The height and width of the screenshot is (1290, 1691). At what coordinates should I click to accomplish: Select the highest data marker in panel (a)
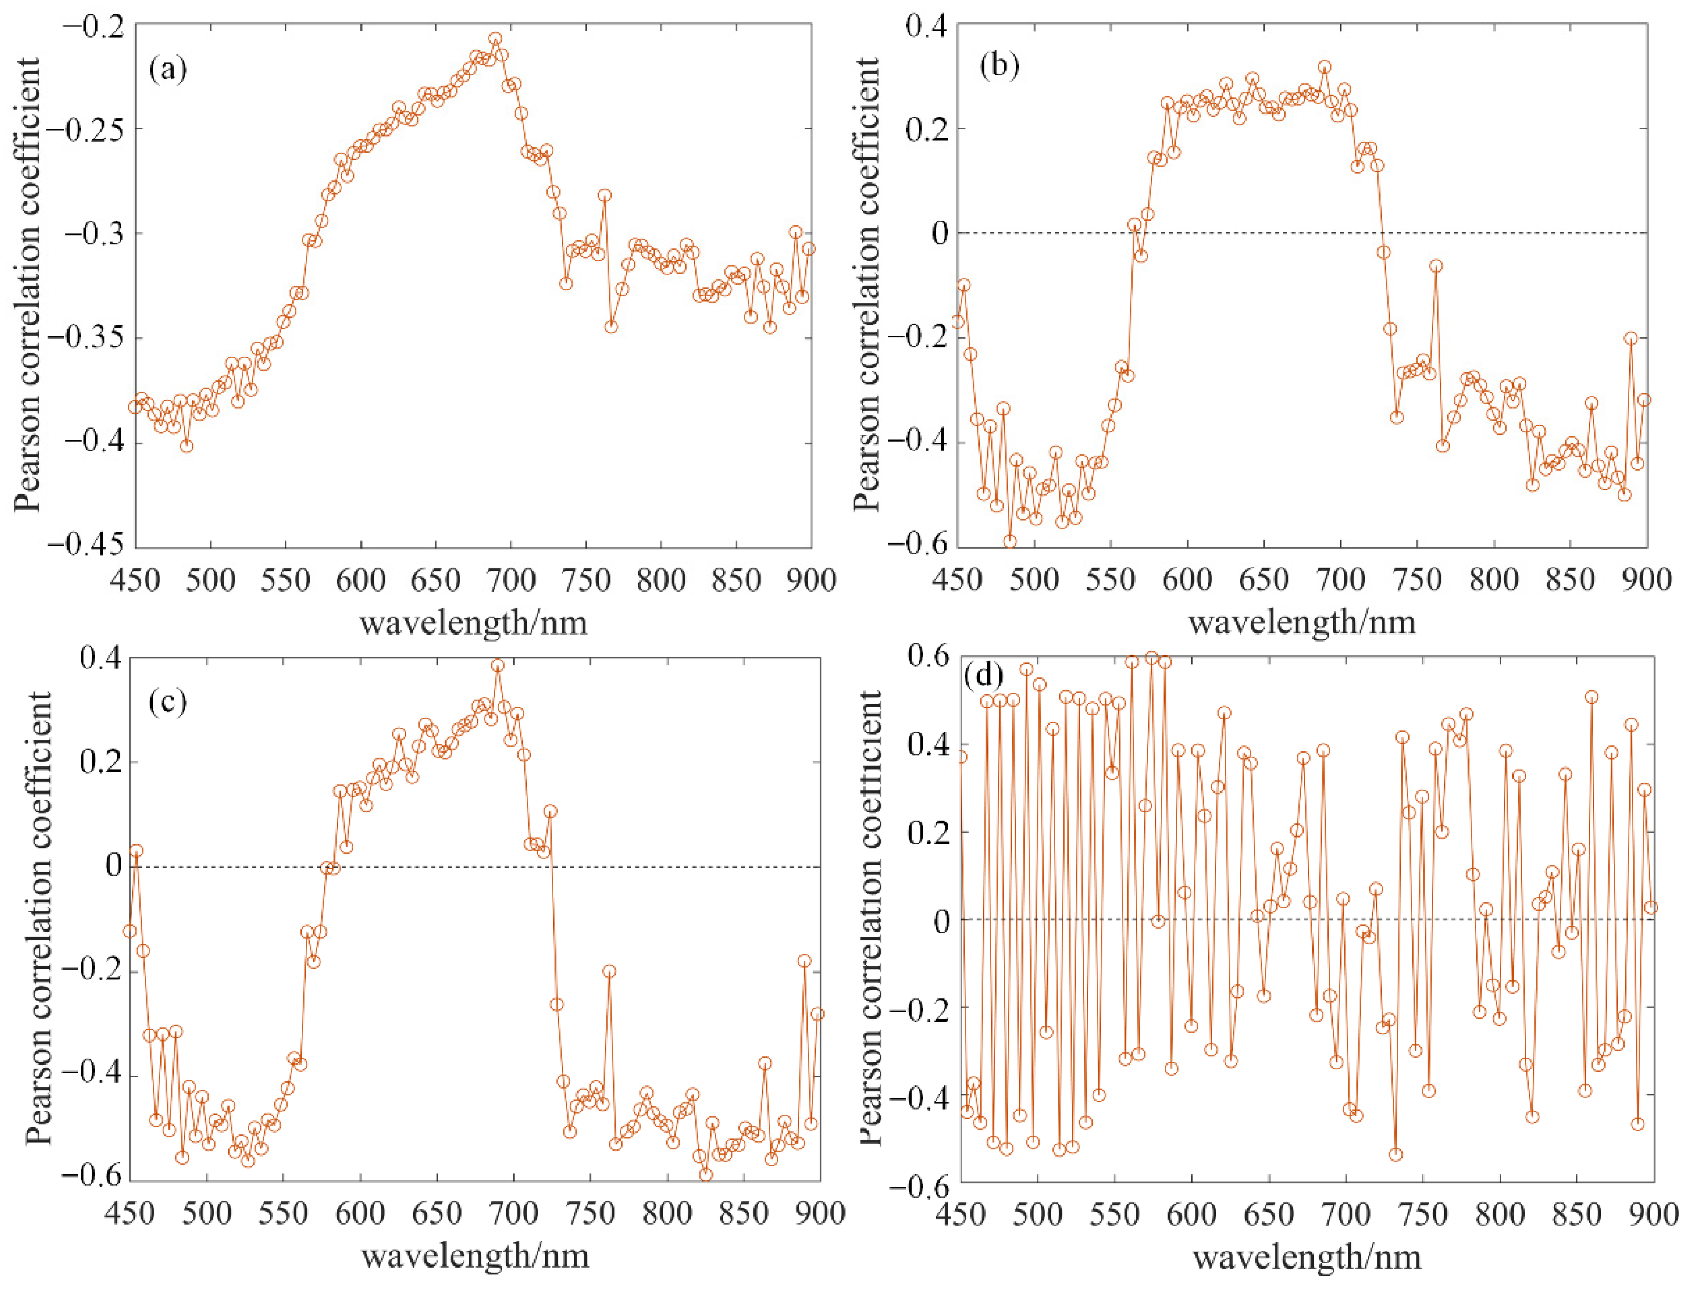pyautogui.click(x=495, y=39)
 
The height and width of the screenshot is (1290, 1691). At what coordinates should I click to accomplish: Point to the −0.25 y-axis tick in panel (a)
pyautogui.click(x=87, y=128)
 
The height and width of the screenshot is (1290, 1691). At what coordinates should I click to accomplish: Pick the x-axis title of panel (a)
pyautogui.click(x=474, y=622)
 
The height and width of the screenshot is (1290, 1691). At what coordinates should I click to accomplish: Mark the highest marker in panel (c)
pyautogui.click(x=498, y=666)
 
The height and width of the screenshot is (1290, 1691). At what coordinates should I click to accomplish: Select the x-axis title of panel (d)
pyautogui.click(x=1307, y=1257)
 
